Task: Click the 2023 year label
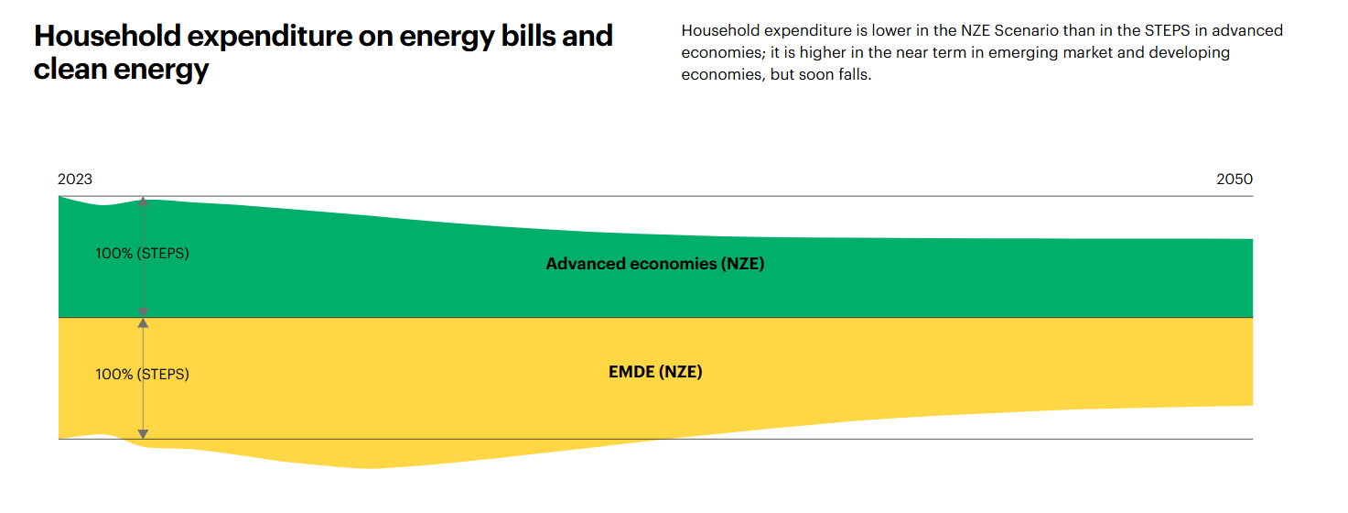(75, 180)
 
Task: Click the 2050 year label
(1235, 180)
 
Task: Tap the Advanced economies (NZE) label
(654, 264)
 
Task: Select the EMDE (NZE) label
(655, 372)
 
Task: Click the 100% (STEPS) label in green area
(142, 253)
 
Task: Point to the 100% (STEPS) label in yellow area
(142, 374)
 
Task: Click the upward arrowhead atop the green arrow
(143, 202)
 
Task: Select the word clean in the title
(70, 69)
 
